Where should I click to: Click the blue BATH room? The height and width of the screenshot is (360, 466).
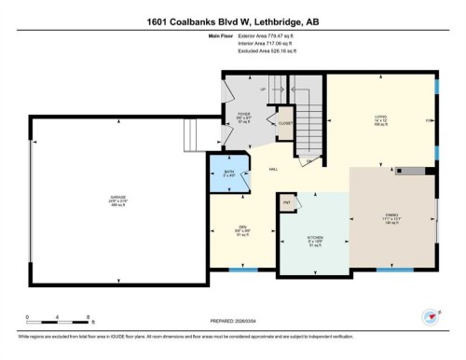point(229,173)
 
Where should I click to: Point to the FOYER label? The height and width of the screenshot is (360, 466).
point(243,117)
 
